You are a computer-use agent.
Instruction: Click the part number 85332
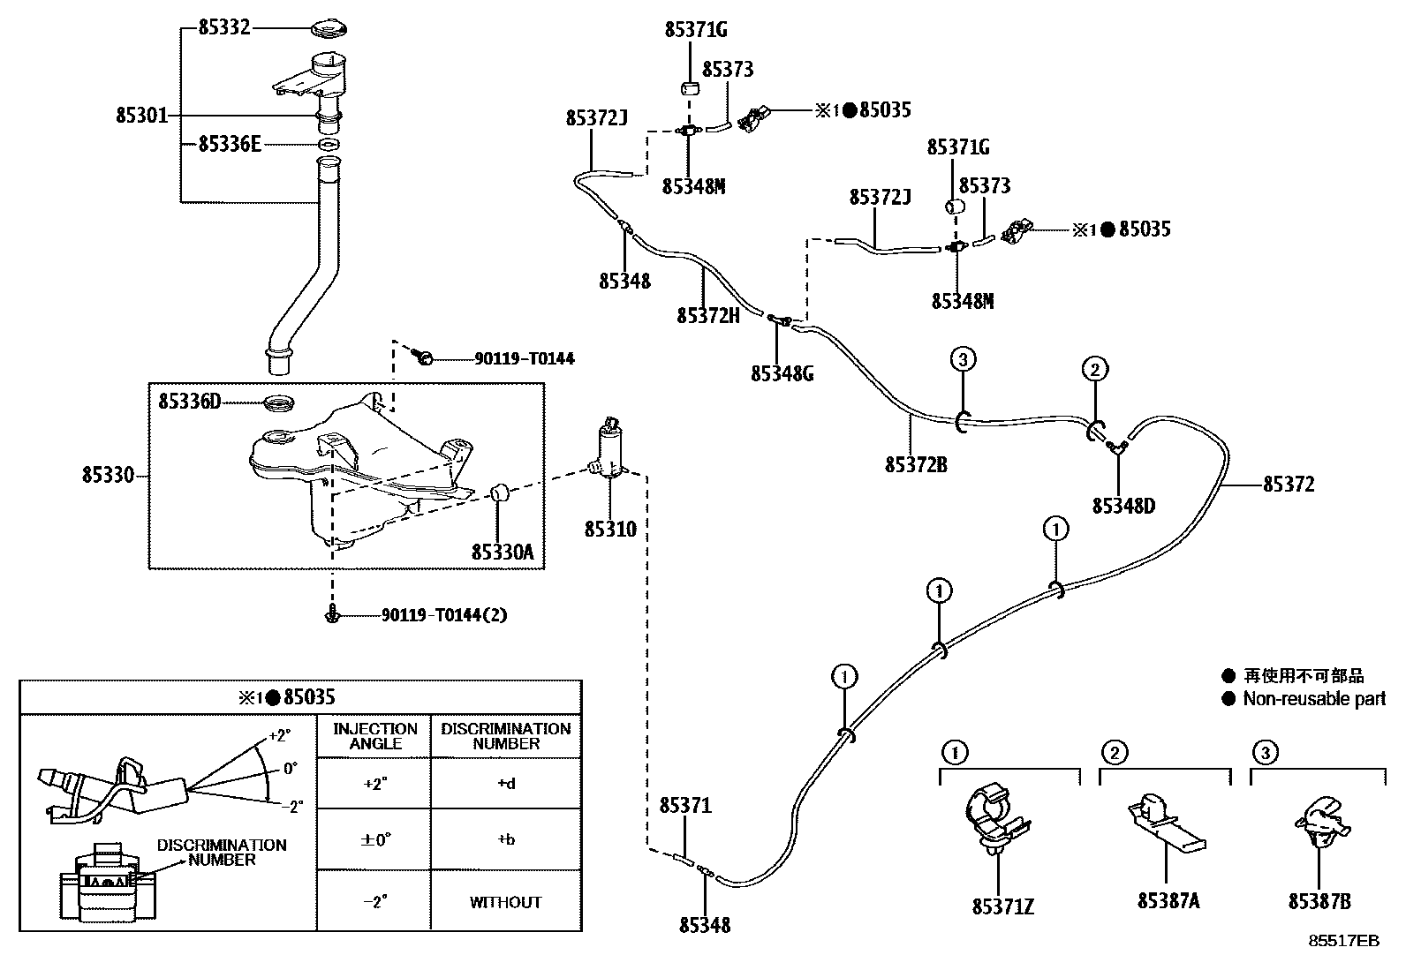pyautogui.click(x=224, y=27)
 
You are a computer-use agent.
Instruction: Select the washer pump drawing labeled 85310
pyautogui.click(x=609, y=455)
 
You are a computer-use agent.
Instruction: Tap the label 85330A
pyautogui.click(x=503, y=552)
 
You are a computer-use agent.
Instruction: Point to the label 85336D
pyautogui.click(x=189, y=402)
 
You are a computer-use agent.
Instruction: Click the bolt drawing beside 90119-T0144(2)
pyautogui.click(x=333, y=616)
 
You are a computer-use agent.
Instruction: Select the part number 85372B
pyautogui.click(x=916, y=463)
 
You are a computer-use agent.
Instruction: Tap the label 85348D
pyautogui.click(x=1123, y=506)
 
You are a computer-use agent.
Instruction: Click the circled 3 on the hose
pyautogui.click(x=963, y=358)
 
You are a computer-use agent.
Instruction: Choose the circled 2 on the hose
pyautogui.click(x=1094, y=369)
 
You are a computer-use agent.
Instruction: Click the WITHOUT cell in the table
pyautogui.click(x=505, y=902)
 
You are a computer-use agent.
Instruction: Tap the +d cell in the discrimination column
pyautogui.click(x=505, y=783)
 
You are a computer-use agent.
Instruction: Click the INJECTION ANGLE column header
pyautogui.click(x=374, y=736)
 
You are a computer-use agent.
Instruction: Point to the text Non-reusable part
pyautogui.click(x=1314, y=699)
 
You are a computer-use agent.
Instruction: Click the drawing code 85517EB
pyautogui.click(x=1343, y=941)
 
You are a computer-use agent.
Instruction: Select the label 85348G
pyautogui.click(x=782, y=373)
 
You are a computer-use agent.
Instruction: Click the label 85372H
pyautogui.click(x=707, y=315)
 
